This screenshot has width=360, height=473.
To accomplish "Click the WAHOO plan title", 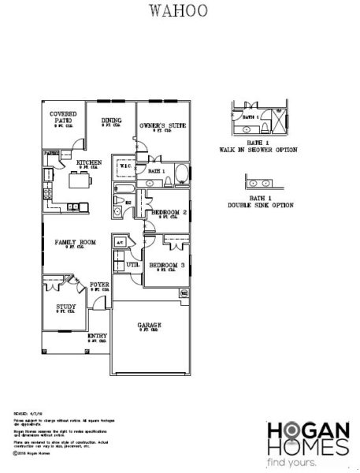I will click(x=180, y=11).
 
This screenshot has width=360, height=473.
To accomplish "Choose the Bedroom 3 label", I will click(x=167, y=265).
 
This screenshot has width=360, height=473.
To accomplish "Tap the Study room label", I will click(x=65, y=307).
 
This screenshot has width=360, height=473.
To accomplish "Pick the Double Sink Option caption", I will click(x=260, y=205).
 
